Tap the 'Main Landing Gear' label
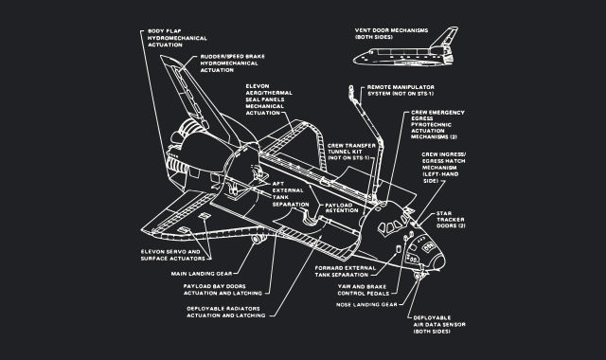pos(205,274)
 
